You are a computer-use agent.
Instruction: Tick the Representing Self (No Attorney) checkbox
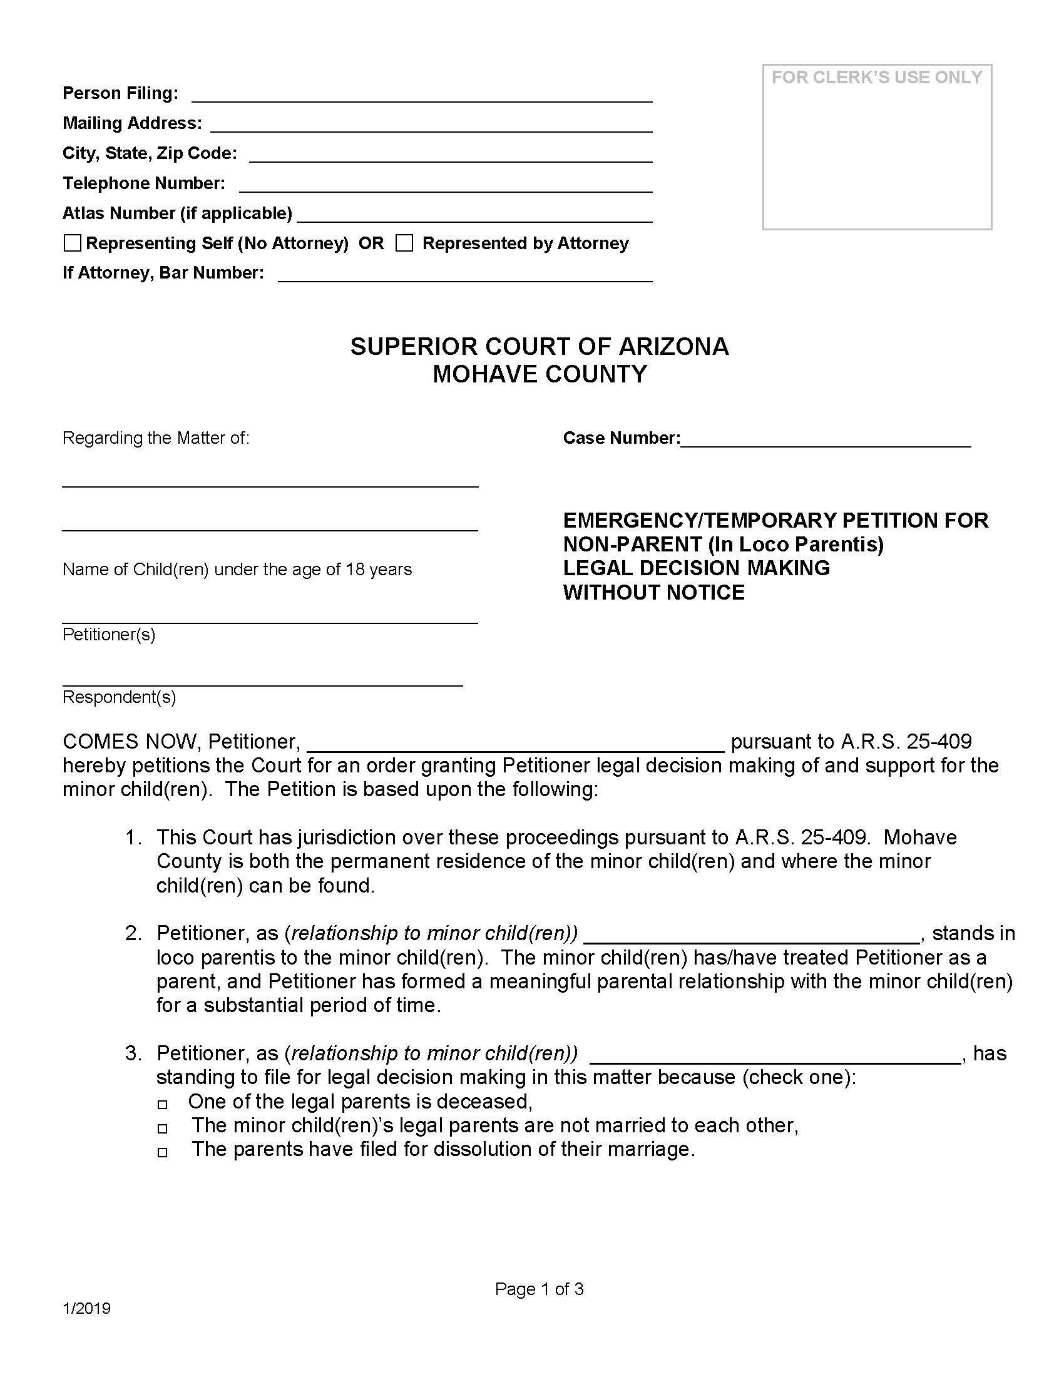coord(73,243)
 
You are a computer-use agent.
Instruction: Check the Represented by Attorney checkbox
coord(404,243)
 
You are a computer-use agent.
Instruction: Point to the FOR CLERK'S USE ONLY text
coord(877,78)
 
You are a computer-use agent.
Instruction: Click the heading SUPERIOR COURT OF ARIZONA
coord(540,347)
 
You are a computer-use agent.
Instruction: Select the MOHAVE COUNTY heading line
coord(540,374)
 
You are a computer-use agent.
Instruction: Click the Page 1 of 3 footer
coord(540,1289)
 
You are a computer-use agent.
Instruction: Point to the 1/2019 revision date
coord(87,1309)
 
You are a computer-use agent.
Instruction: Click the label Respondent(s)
coord(119,697)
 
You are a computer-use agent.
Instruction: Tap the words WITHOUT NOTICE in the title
coord(653,593)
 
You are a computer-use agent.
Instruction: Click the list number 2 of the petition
coord(133,934)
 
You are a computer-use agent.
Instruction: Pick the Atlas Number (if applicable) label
coord(177,213)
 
